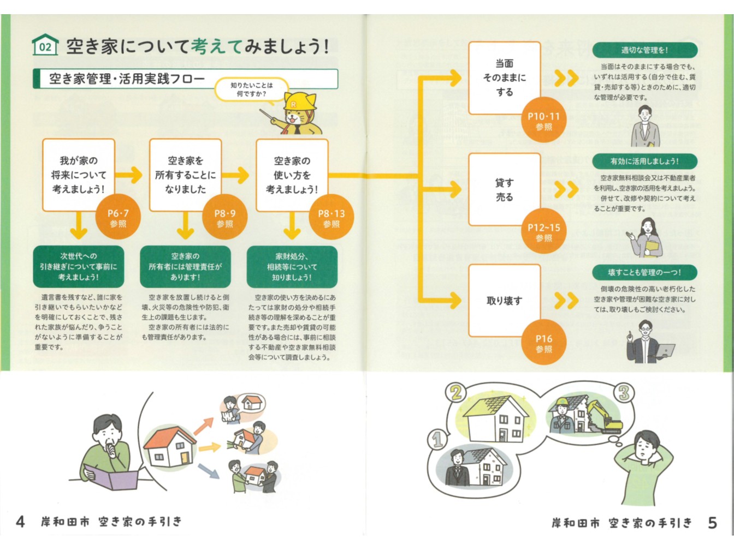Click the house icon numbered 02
click(x=45, y=45)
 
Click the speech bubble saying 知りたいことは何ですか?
click(x=251, y=89)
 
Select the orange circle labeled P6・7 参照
click(x=118, y=218)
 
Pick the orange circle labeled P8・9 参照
click(x=224, y=218)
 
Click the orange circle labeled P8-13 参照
click(x=331, y=218)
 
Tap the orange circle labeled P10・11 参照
click(x=543, y=121)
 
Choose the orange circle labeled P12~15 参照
click(x=543, y=232)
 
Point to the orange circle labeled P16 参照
click(x=543, y=343)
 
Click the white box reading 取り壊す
click(x=504, y=301)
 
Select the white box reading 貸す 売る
click(x=504, y=189)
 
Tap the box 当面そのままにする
click(x=504, y=77)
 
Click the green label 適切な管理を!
click(x=644, y=50)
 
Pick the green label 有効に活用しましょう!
click(x=644, y=162)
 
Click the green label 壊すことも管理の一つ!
click(x=644, y=272)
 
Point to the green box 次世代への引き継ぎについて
click(x=79, y=266)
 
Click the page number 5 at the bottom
click(x=712, y=523)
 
